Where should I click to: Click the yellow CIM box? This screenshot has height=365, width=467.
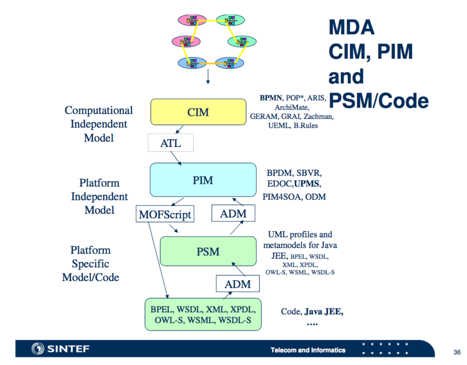(x=198, y=112)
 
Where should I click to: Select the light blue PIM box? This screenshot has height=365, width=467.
(x=203, y=180)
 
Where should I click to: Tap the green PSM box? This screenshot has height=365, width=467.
(x=208, y=251)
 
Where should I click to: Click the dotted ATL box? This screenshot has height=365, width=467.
(x=170, y=143)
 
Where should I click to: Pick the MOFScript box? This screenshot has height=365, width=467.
(x=165, y=214)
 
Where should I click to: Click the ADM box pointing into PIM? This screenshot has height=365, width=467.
(x=233, y=213)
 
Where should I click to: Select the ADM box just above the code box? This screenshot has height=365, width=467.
(x=238, y=284)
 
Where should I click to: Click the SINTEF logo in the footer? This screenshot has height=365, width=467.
(x=60, y=349)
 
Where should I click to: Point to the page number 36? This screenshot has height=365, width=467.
(x=457, y=352)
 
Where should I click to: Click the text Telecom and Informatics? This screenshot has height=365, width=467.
(x=308, y=350)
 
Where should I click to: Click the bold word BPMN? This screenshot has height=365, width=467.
(x=271, y=98)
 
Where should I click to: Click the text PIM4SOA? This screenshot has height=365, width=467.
(x=281, y=197)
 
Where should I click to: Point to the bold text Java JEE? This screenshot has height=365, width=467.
(x=324, y=312)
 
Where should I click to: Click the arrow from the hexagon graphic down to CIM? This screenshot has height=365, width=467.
(x=208, y=77)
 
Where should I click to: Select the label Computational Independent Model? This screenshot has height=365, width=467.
(x=99, y=124)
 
